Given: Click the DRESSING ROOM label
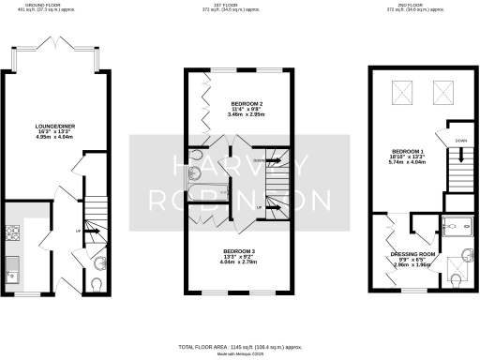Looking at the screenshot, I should click(x=412, y=254).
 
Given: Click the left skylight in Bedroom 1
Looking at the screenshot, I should click(x=399, y=91).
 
